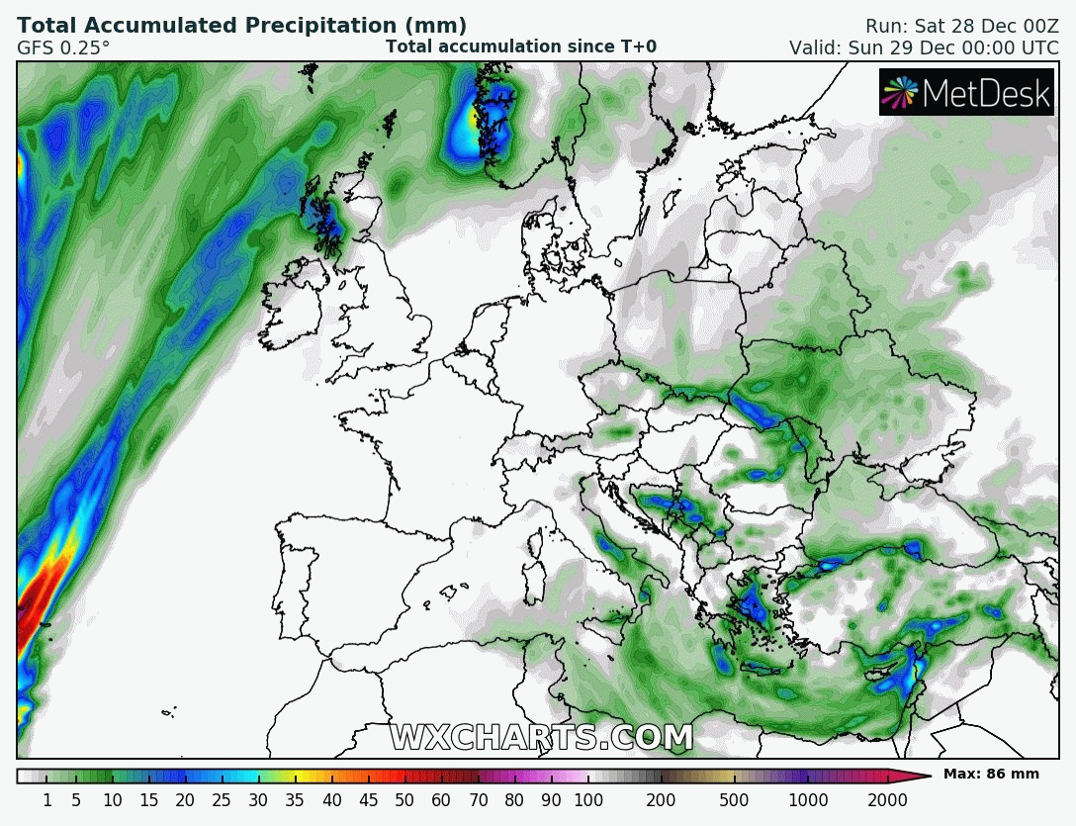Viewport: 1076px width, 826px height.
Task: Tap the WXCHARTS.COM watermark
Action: [541, 738]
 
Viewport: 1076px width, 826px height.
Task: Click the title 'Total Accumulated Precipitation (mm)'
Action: [242, 26]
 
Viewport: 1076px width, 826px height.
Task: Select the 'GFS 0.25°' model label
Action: [63, 46]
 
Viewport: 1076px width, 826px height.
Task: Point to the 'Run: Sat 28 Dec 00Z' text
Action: [961, 26]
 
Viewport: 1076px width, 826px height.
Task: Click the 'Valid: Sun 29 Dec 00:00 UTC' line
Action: [924, 47]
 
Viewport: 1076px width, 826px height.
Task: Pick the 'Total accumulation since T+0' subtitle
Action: [521, 46]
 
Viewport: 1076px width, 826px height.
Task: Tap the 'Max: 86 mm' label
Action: [991, 774]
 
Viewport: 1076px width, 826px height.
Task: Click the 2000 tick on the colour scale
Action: [887, 800]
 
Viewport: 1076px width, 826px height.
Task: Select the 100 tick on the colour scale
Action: [588, 800]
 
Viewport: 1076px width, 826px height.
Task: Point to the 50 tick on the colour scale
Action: [404, 800]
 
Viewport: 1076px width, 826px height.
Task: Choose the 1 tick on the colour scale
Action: [46, 800]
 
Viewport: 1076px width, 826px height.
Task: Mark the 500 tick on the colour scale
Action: [734, 800]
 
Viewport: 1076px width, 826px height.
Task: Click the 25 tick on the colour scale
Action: [222, 800]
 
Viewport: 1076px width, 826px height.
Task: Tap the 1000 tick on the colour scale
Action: [809, 800]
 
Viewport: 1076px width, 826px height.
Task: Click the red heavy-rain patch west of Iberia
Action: [38, 598]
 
